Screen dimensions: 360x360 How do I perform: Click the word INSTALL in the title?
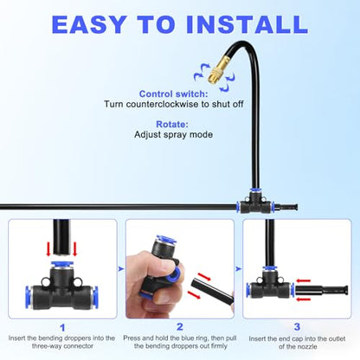(x=247, y=24)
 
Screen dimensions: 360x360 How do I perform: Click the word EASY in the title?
(x=89, y=24)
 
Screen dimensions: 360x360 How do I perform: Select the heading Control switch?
(x=173, y=93)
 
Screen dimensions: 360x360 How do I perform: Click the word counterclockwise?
(x=162, y=104)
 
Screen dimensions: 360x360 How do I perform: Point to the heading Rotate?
(x=172, y=125)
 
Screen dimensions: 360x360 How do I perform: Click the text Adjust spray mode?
(x=173, y=134)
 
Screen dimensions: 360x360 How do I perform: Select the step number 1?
(x=62, y=328)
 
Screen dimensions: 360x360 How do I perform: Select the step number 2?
(x=180, y=327)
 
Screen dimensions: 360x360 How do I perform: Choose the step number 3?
(x=297, y=327)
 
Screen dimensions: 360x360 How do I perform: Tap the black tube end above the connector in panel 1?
(x=61, y=237)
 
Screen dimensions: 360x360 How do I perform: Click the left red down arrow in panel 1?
(x=48, y=249)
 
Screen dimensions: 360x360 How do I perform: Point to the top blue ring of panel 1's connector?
(x=61, y=264)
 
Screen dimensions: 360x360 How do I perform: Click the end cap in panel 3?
(x=322, y=290)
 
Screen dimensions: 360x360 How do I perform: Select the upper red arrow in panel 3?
(x=304, y=280)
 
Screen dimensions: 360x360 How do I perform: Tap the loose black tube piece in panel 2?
(x=213, y=292)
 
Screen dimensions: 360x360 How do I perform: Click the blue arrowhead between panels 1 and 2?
(x=121, y=269)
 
